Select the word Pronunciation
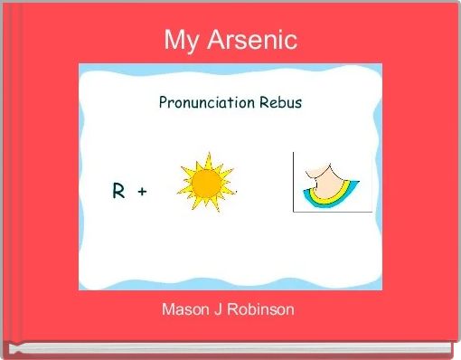[x=204, y=102]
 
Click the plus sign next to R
[x=143, y=192]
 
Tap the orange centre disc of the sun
[x=207, y=185]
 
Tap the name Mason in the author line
[x=184, y=310]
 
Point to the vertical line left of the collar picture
[x=293, y=181]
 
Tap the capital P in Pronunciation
[x=164, y=102]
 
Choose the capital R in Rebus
[x=261, y=102]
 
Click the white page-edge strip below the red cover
[x=230, y=348]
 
